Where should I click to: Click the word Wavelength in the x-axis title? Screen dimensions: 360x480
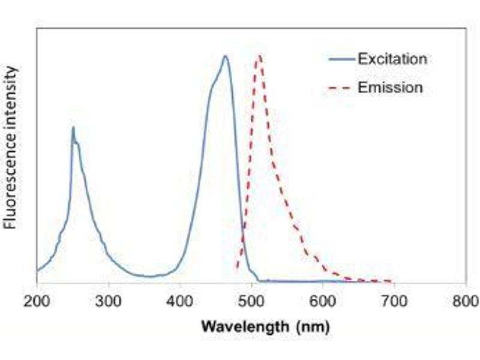coord(238,327)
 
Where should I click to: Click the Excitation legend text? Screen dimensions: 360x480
coord(392,59)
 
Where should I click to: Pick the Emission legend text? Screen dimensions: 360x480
coord(390,88)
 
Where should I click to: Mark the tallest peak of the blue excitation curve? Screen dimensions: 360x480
coord(225,56)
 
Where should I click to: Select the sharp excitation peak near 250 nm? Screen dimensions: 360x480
coord(73,127)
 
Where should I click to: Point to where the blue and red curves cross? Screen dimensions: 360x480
coord(244,228)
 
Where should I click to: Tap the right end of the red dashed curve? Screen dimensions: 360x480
coord(392,281)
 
